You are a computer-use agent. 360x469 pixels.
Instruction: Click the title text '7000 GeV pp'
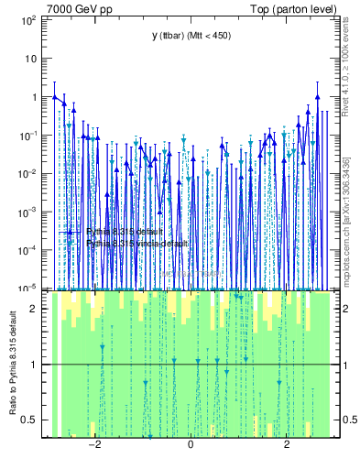click(74, 8)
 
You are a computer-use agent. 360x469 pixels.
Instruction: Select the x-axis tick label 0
click(191, 446)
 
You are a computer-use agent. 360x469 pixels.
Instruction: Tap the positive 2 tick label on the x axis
click(287, 446)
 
